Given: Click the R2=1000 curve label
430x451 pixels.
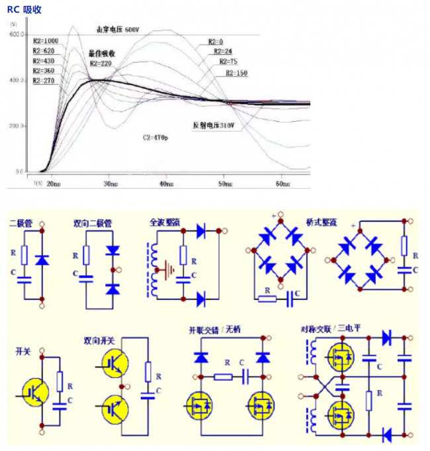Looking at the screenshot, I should [x=46, y=41].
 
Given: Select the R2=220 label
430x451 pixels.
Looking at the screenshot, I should [x=101, y=63].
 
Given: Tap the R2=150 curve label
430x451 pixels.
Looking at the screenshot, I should [x=236, y=73].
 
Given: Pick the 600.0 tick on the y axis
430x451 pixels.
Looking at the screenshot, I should [x=17, y=34].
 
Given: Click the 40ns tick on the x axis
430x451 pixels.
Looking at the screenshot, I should [x=166, y=184].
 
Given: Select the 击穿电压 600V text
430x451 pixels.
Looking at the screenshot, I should [x=118, y=30].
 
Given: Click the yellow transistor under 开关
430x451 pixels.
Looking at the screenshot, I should [x=34, y=391].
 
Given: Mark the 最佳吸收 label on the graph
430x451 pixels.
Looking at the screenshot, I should [x=103, y=53].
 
